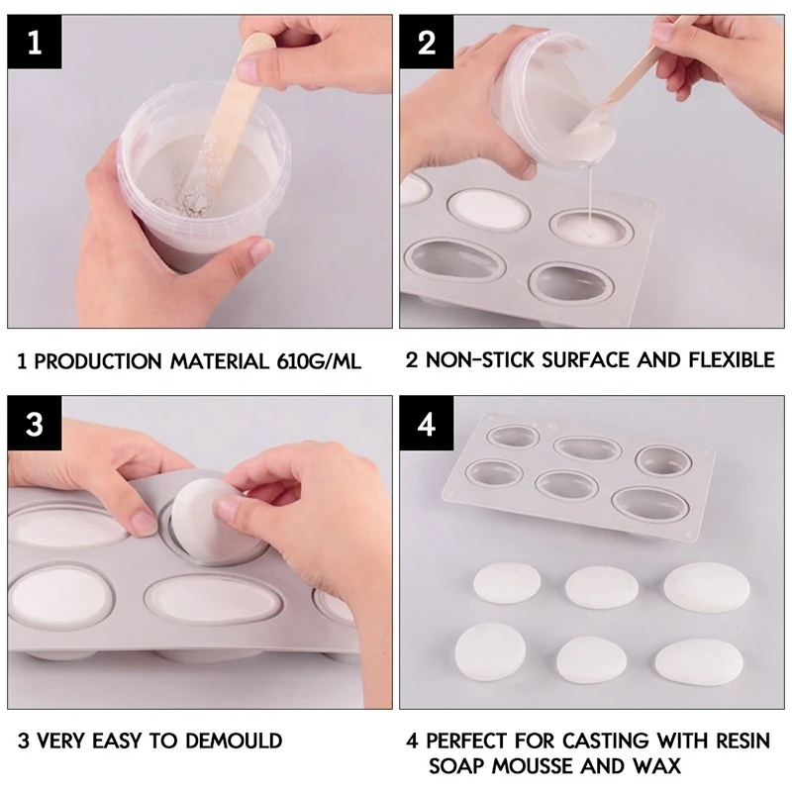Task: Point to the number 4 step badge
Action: click(427, 425)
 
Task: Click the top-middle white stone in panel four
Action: click(600, 587)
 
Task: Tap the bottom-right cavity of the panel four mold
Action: click(649, 502)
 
